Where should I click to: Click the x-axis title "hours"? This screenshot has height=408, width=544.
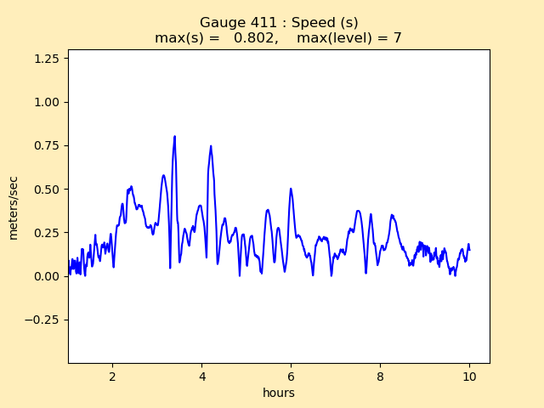[278, 393]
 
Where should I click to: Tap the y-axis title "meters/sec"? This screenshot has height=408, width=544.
[14, 208]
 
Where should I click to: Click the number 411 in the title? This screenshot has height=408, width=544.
[254, 22]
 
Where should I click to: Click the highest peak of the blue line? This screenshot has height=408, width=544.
[174, 136]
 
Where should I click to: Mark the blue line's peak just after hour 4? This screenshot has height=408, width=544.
[210, 146]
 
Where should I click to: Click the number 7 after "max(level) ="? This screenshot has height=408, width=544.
[397, 37]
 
